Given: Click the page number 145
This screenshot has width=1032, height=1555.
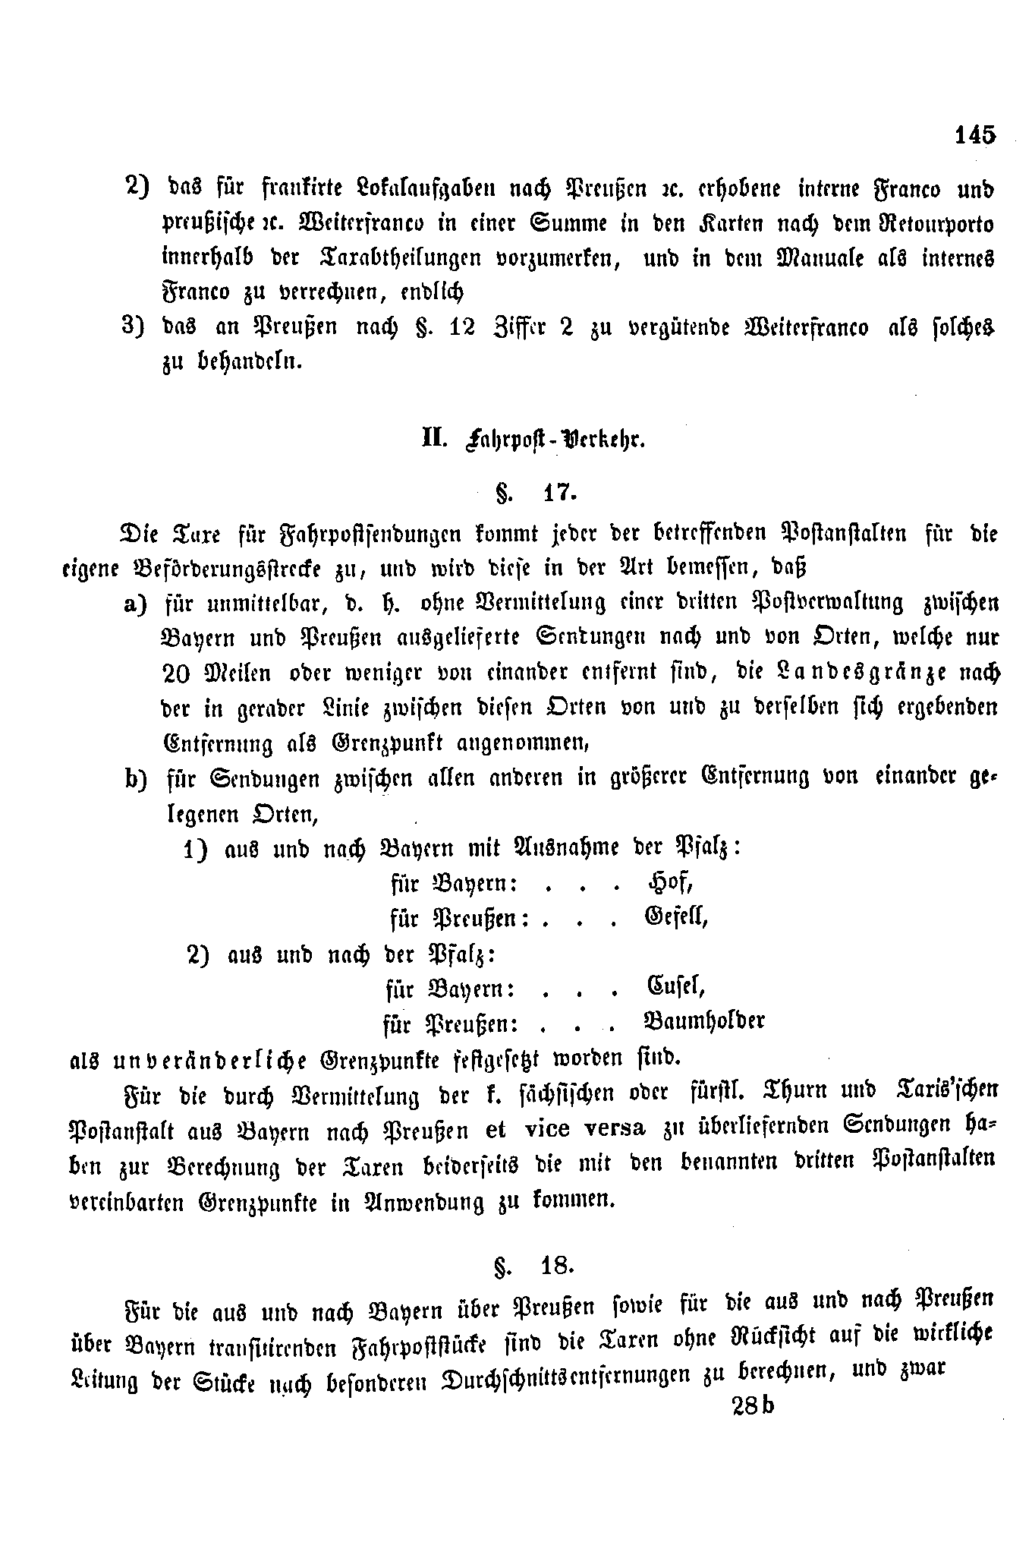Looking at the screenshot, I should (974, 135).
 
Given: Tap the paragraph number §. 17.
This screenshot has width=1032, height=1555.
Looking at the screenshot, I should (537, 494).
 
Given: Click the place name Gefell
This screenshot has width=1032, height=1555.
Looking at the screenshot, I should (676, 917).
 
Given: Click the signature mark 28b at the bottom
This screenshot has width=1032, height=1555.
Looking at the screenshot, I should (753, 1406).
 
